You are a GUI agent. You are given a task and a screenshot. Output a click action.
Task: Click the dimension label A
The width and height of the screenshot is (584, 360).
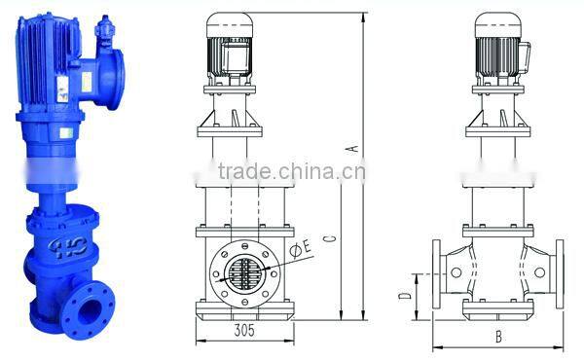[355, 148]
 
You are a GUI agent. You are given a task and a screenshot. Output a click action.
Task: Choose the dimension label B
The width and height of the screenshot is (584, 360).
[496, 337]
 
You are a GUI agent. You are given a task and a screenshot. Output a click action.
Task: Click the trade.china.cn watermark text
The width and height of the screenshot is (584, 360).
[292, 174]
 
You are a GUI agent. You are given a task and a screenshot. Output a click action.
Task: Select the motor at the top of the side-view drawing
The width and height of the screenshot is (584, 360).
[498, 50]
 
